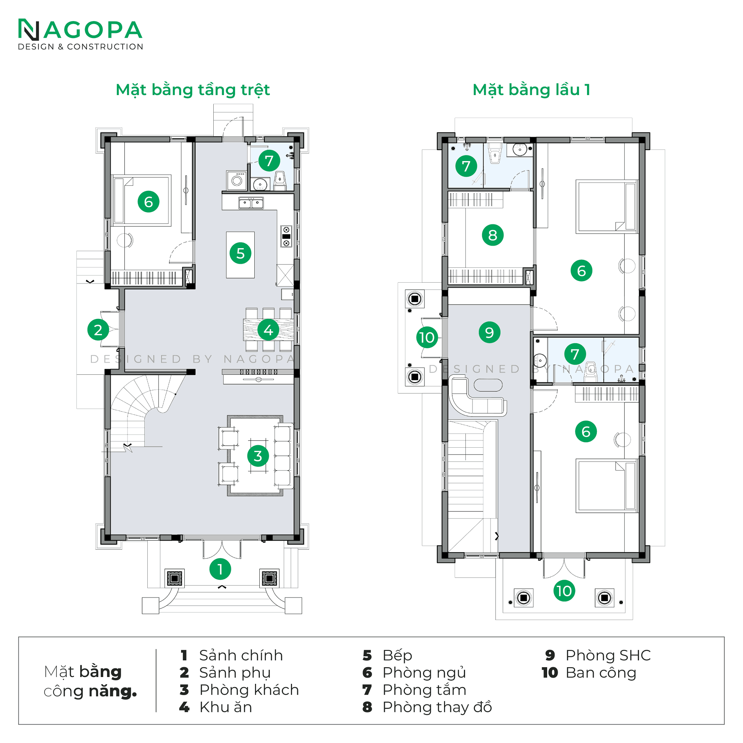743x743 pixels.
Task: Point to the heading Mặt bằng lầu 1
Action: [531, 90]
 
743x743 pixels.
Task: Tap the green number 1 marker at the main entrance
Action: [220, 569]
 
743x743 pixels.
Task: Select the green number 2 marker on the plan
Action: [98, 329]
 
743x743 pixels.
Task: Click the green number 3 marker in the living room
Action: [258, 456]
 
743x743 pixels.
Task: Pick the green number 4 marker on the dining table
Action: [268, 329]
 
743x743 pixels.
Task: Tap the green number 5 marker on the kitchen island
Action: [241, 253]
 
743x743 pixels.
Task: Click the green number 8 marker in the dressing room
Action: [492, 235]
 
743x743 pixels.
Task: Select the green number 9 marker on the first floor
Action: [489, 332]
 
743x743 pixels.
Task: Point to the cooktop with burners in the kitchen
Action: [286, 236]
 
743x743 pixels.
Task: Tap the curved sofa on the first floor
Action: [477, 397]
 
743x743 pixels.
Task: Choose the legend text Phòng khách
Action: [249, 690]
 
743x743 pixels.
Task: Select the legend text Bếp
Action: [397, 656]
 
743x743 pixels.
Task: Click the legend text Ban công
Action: [601, 673]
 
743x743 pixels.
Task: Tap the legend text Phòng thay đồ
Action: [437, 707]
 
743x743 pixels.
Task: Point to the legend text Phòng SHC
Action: [608, 655]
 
